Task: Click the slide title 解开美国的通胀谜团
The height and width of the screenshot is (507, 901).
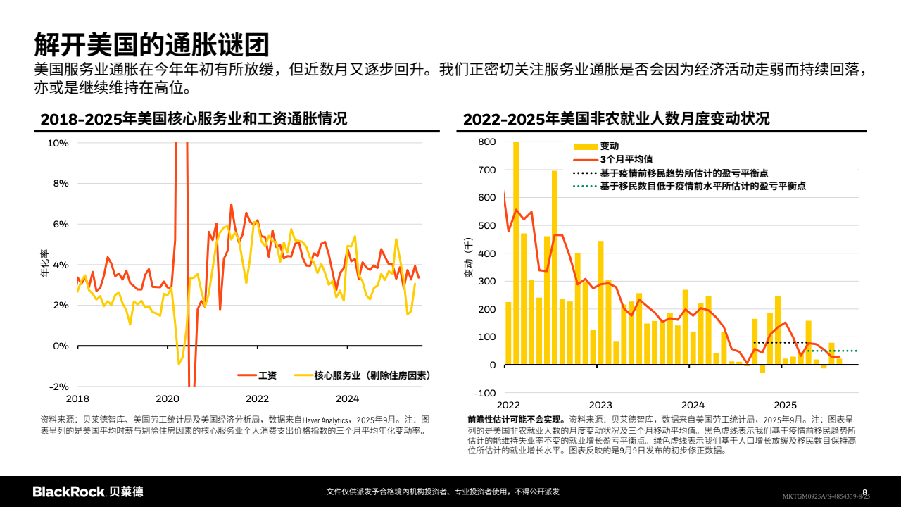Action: pos(151,44)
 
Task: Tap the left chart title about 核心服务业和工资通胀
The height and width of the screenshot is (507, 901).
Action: pos(194,118)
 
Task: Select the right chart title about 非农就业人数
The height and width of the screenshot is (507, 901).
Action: pos(616,118)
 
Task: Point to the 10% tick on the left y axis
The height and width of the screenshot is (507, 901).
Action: pos(58,143)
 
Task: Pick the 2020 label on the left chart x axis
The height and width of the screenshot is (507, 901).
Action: pos(168,399)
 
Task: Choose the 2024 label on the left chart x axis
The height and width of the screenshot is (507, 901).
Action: pos(347,399)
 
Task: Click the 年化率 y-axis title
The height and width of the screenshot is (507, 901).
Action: pos(44,264)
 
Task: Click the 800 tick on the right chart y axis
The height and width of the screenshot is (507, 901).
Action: pos(487,142)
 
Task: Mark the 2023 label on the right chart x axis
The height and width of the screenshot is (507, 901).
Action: pos(600,405)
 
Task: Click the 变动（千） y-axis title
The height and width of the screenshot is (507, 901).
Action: pos(468,259)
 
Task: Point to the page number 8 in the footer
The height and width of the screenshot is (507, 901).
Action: pos(865,492)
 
